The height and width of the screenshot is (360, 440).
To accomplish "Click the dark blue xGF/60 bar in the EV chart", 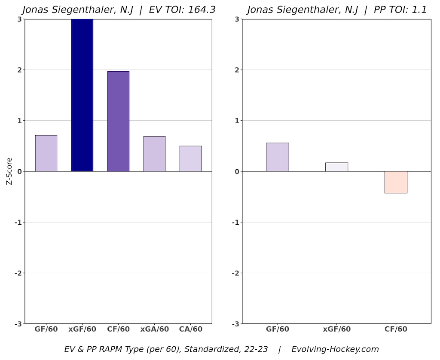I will pyautogui.click(x=82, y=95).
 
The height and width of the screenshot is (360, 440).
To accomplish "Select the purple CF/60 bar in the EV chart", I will pyautogui.click(x=118, y=121).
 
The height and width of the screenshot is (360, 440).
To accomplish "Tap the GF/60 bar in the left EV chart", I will pyautogui.click(x=46, y=153).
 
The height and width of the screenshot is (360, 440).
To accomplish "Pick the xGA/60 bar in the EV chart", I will pyautogui.click(x=154, y=154).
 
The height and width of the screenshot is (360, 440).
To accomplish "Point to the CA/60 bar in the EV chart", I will pyautogui.click(x=190, y=159).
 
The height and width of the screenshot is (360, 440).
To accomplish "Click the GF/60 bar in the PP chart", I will pyautogui.click(x=277, y=157).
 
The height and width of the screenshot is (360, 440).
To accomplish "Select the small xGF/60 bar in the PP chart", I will pyautogui.click(x=336, y=167).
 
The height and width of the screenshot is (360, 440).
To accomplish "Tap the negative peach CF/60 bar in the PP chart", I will pyautogui.click(x=396, y=182).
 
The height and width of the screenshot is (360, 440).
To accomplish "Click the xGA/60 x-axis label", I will pyautogui.click(x=154, y=329).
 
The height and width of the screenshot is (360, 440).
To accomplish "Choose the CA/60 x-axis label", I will pyautogui.click(x=190, y=329).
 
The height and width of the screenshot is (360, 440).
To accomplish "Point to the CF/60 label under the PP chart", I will pyautogui.click(x=396, y=329).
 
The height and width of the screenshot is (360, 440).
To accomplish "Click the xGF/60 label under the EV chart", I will pyautogui.click(x=82, y=329).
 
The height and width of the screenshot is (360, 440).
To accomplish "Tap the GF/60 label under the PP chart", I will pyautogui.click(x=277, y=329).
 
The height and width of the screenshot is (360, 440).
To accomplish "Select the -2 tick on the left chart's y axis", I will pyautogui.click(x=17, y=273).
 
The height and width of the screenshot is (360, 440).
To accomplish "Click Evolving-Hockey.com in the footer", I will pyautogui.click(x=335, y=349).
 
